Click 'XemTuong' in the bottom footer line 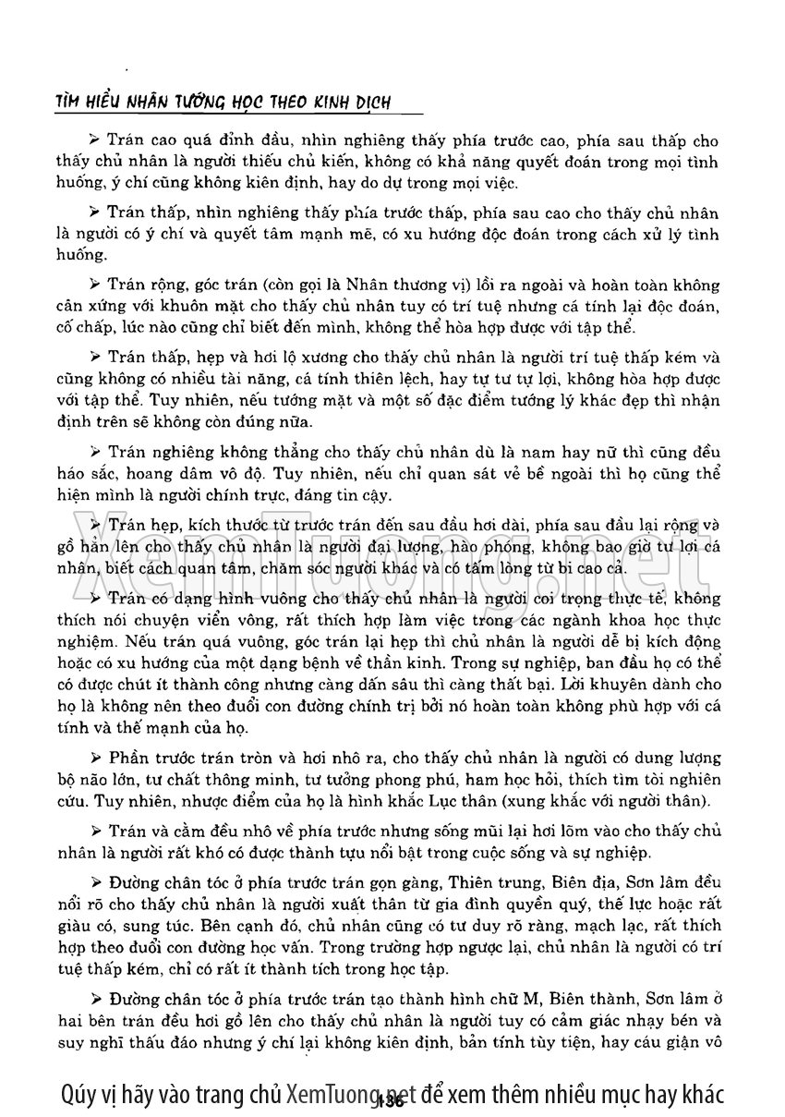tap(332, 1093)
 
